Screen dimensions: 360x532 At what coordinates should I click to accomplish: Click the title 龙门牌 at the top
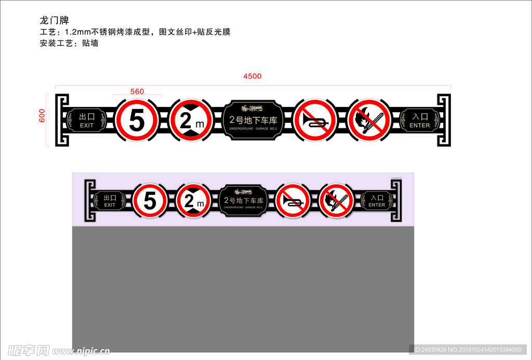pyautogui.click(x=54, y=20)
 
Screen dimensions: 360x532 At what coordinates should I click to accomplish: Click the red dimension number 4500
pyautogui.click(x=252, y=76)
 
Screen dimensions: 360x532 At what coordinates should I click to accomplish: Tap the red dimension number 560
pyautogui.click(x=137, y=91)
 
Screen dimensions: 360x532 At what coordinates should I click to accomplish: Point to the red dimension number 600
pyautogui.click(x=42, y=115)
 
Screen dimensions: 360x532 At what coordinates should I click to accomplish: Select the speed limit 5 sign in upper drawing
pyautogui.click(x=137, y=121)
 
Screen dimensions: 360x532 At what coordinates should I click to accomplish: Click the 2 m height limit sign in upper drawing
pyautogui.click(x=190, y=121)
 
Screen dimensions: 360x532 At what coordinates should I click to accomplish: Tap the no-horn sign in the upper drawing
pyautogui.click(x=314, y=121)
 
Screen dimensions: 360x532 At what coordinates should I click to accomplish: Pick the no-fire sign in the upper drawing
pyautogui.click(x=369, y=121)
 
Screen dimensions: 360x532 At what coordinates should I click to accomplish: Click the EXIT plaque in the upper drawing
pyautogui.click(x=87, y=121)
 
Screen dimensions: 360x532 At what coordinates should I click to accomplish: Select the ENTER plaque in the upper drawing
pyautogui.click(x=419, y=121)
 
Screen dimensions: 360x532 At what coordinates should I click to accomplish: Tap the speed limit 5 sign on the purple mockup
pyautogui.click(x=150, y=201)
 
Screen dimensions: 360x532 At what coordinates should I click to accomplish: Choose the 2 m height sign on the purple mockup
pyautogui.click(x=193, y=201)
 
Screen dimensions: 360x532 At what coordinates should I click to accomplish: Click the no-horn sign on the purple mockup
pyautogui.click(x=292, y=201)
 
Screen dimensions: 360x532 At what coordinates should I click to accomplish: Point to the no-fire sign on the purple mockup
pyautogui.click(x=336, y=201)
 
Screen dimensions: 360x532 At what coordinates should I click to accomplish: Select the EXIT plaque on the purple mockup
pyautogui.click(x=110, y=201)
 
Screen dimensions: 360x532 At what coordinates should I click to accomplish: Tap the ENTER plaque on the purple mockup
pyautogui.click(x=377, y=201)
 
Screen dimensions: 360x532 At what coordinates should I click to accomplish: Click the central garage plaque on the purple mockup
pyautogui.click(x=244, y=201)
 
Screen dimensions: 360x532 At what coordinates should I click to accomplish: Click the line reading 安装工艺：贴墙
pyautogui.click(x=69, y=43)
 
